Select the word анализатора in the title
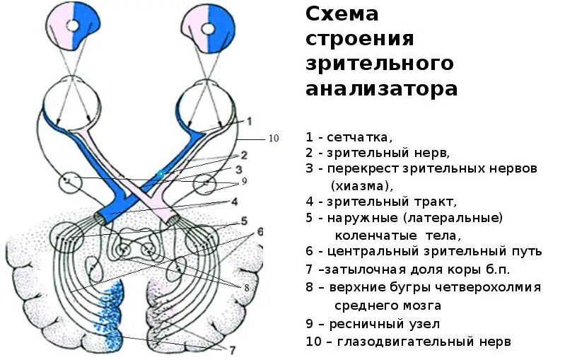point(382,89)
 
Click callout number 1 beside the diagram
point(249,120)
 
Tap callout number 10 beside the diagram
point(273,139)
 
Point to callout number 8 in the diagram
point(247,288)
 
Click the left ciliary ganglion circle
point(70,182)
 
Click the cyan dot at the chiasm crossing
point(161,174)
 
